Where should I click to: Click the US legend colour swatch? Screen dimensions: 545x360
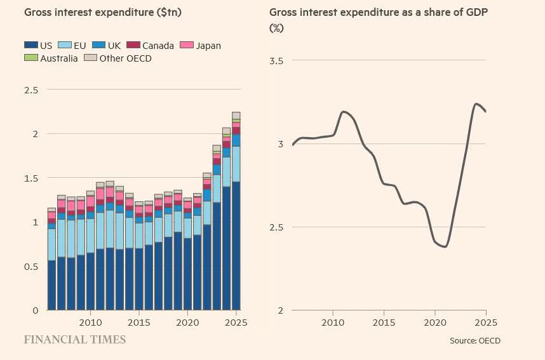(x=31, y=45)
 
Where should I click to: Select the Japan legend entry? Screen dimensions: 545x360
(x=201, y=46)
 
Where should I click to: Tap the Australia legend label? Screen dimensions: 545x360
(x=58, y=58)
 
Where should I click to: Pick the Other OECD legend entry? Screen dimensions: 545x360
(x=118, y=58)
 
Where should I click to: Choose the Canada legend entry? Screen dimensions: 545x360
(x=150, y=46)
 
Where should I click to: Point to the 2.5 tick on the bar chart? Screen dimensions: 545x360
(x=31, y=90)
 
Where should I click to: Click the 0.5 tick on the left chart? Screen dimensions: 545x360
(x=31, y=267)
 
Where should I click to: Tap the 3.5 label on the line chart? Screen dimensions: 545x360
(x=276, y=61)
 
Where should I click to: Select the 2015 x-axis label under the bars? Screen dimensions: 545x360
(x=139, y=323)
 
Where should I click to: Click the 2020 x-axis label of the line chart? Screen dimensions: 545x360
(x=435, y=323)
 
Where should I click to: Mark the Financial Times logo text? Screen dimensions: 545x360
(x=75, y=340)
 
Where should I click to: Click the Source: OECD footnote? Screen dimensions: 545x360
(x=475, y=340)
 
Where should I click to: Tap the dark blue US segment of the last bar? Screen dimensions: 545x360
(x=236, y=246)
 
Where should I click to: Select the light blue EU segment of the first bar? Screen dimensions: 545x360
(x=52, y=244)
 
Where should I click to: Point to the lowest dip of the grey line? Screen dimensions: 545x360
(x=445, y=247)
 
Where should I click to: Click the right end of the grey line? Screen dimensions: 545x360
(x=485, y=111)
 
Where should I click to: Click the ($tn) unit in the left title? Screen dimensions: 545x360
(x=169, y=13)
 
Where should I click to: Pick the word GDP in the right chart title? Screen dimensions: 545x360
(x=476, y=12)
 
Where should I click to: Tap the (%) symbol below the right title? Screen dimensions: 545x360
(x=277, y=28)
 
